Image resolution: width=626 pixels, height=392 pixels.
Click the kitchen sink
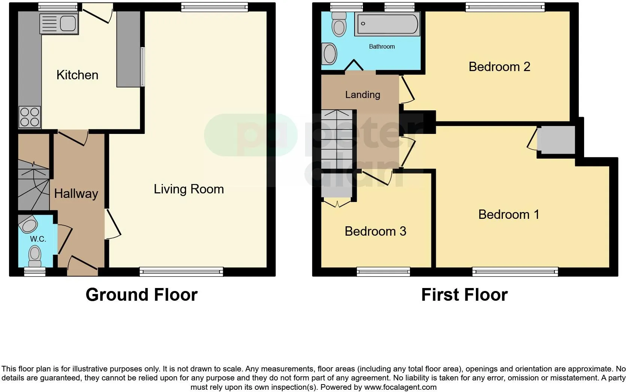pos(59,24)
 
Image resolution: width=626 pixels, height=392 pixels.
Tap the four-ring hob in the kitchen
pos(30,117)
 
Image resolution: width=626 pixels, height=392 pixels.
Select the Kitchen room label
pos(77,75)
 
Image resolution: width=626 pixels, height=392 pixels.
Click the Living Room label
pos(189,189)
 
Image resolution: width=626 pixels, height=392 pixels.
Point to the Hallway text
pos(76,193)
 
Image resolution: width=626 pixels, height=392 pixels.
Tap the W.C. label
pos(38,239)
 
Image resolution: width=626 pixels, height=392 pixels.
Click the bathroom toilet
pos(339,24)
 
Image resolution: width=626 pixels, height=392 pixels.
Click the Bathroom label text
pos(382,46)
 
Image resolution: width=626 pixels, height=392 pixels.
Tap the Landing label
pos(362,95)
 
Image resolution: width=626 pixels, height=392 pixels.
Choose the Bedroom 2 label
pos(499,67)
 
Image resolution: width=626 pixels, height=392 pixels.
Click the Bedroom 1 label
pos(508,214)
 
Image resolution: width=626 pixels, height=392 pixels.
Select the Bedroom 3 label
pos(375,231)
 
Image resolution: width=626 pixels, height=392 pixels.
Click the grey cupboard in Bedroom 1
pos(556,140)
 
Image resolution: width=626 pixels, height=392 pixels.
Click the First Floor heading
pos(464,295)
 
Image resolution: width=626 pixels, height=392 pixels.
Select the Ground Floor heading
pos(142,295)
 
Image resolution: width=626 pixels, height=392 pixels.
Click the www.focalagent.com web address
pos(400,387)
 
